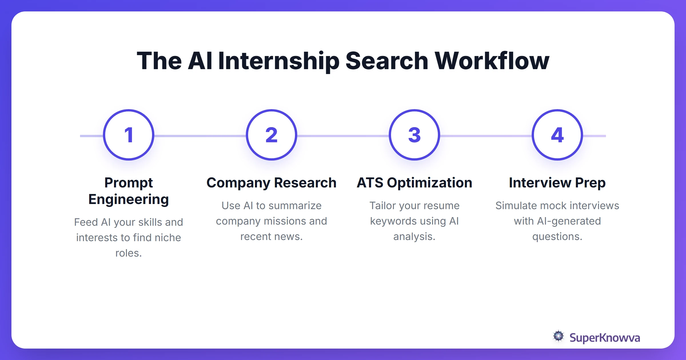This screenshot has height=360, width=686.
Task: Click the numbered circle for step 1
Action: point(129,135)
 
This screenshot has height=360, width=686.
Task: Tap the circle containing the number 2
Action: point(272,135)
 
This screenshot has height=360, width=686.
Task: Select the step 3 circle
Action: point(414,135)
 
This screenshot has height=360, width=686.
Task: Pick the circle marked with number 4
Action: point(557,135)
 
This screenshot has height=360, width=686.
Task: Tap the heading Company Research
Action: point(272,183)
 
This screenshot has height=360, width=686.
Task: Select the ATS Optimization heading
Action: point(414,183)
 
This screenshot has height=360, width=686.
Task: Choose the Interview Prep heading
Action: point(557,183)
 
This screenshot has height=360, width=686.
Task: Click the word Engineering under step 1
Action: point(129,199)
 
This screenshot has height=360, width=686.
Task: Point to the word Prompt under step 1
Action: point(129,183)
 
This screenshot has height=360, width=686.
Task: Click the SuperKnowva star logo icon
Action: point(558,336)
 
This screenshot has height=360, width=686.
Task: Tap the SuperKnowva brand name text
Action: point(605,338)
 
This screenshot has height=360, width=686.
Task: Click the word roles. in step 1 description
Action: point(129,253)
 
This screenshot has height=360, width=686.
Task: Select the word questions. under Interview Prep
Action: point(557,237)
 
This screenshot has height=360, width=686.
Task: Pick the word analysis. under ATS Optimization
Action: point(414,237)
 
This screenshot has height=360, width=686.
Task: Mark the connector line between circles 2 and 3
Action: point(343,136)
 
